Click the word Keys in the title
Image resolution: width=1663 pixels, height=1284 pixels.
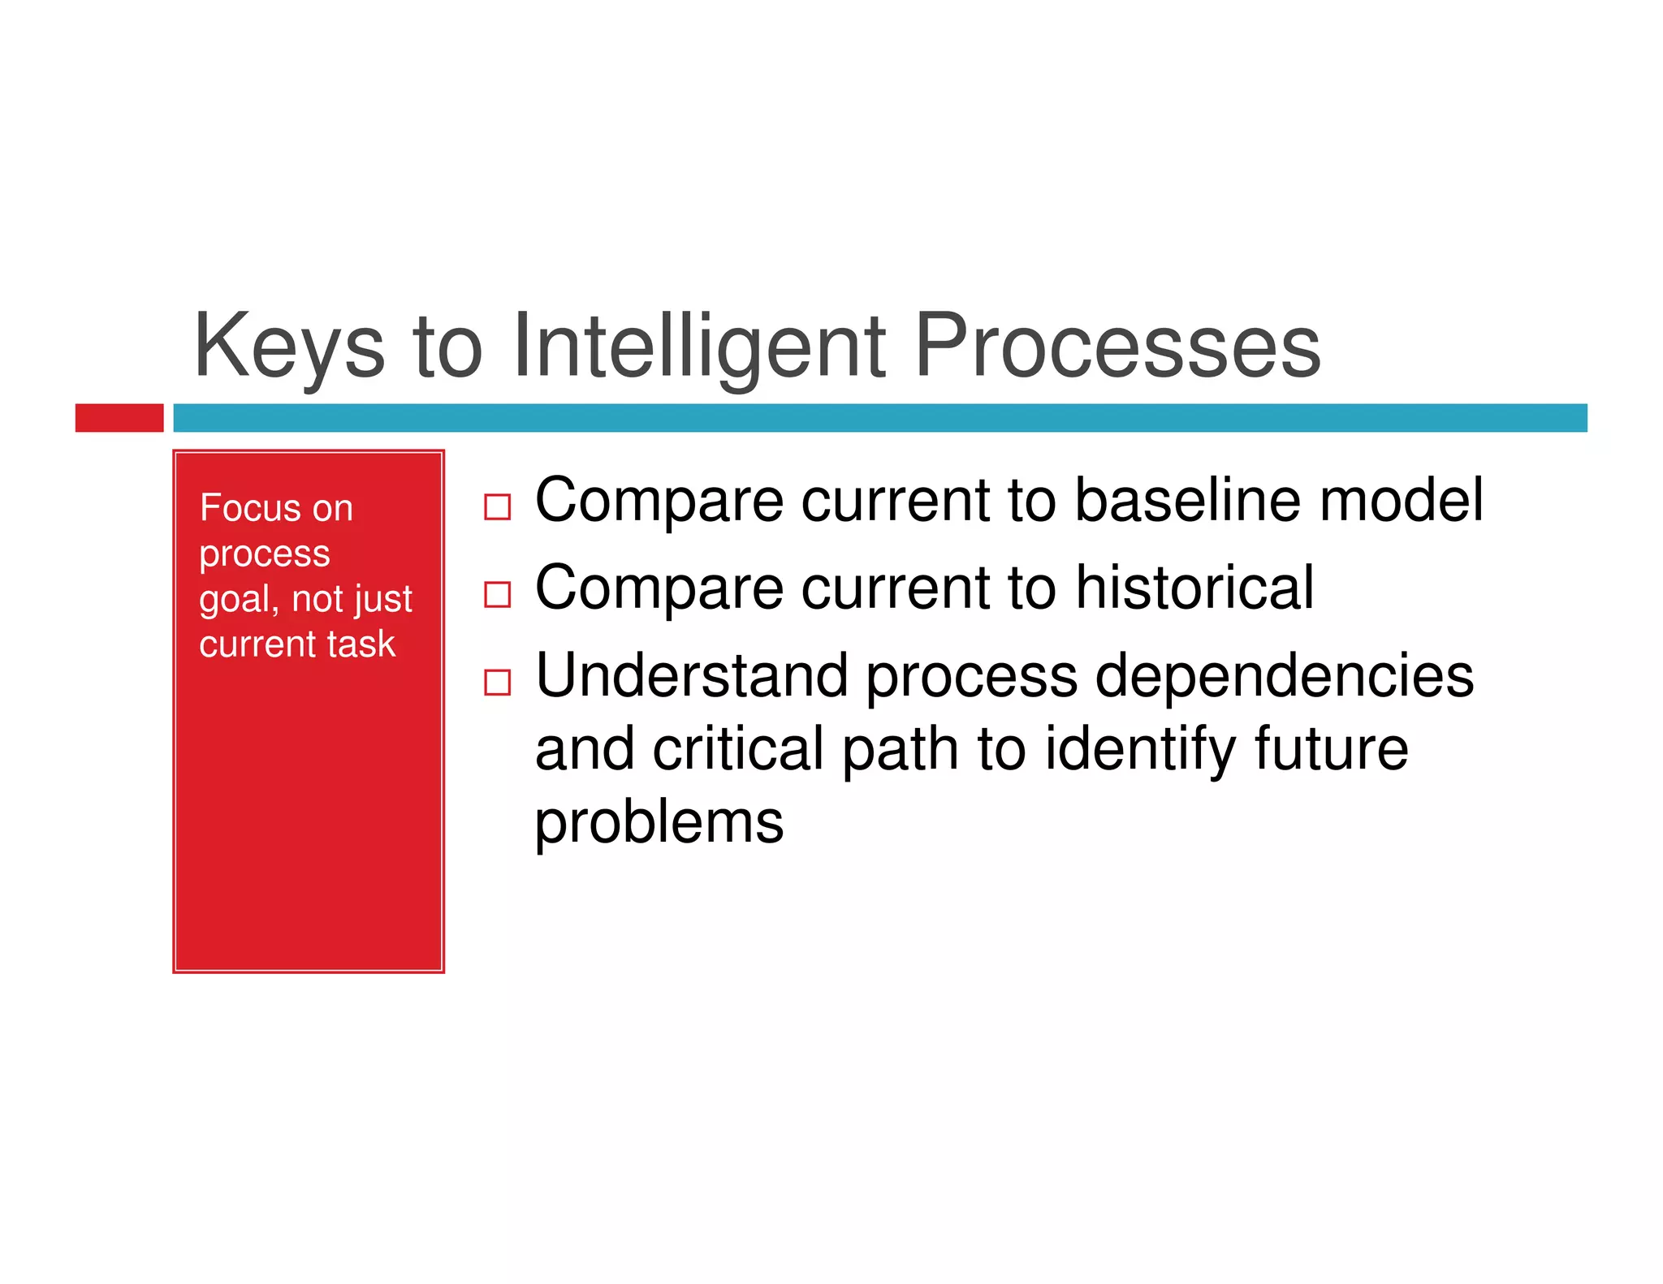[288, 347]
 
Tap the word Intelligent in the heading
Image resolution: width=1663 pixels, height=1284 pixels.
[699, 347]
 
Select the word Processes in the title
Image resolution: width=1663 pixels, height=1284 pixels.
[1117, 347]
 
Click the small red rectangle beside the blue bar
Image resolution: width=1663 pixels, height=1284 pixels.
[119, 417]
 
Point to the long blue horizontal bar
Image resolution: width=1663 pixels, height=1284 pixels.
[879, 417]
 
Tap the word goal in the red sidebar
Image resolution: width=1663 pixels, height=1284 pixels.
[234, 601]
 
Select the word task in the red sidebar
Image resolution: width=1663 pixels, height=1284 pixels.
[361, 644]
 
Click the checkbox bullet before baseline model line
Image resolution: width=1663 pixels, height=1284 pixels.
[497, 507]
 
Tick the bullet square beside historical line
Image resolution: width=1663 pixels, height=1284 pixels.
[497, 594]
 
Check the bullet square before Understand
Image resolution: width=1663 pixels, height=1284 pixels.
[497, 682]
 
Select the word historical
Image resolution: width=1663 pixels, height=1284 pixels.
[1194, 588]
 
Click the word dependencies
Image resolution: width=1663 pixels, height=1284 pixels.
[1284, 675]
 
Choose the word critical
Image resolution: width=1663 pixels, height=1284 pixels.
[738, 748]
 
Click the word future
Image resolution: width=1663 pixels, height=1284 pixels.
[1331, 748]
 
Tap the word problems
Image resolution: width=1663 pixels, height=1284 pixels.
[659, 822]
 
